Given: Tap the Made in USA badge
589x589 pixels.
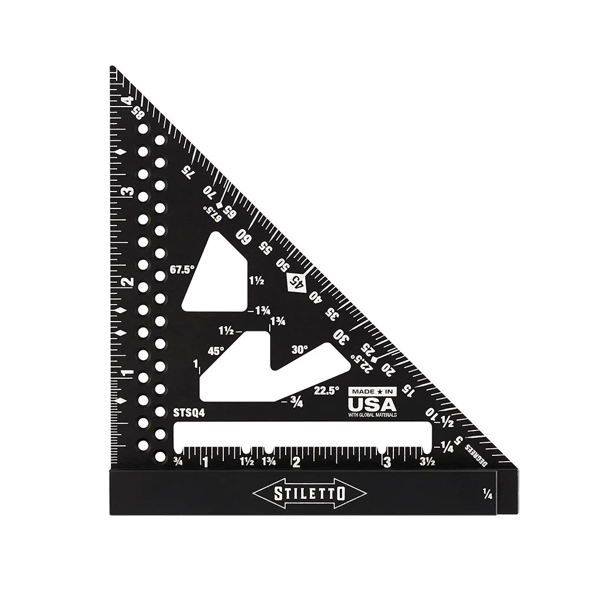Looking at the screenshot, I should click(x=372, y=402).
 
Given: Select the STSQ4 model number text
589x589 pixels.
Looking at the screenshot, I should click(x=189, y=413).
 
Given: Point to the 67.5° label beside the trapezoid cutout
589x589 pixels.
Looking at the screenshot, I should click(x=181, y=270).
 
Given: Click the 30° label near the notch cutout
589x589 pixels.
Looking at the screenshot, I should click(x=300, y=349).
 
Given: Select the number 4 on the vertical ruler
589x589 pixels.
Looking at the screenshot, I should click(x=125, y=101).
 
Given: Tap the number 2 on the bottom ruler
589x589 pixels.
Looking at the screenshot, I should click(x=296, y=462).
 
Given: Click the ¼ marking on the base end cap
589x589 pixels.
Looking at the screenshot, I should click(x=487, y=493).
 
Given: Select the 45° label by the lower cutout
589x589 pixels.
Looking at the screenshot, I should click(x=216, y=350).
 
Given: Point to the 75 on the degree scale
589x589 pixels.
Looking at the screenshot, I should click(x=187, y=171).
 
